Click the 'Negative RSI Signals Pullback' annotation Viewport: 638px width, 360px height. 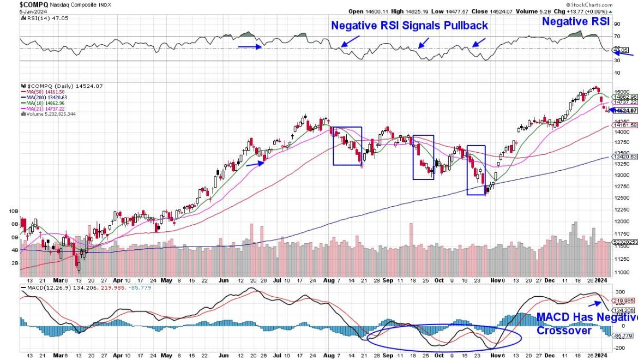pos(410,26)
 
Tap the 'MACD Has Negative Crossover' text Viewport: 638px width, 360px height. pos(587,324)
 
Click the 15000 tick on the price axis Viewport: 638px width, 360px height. pos(620,92)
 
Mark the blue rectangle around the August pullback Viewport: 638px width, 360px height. pos(347,146)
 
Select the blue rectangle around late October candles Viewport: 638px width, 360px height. pos(476,170)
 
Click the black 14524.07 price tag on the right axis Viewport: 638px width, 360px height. pos(626,111)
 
